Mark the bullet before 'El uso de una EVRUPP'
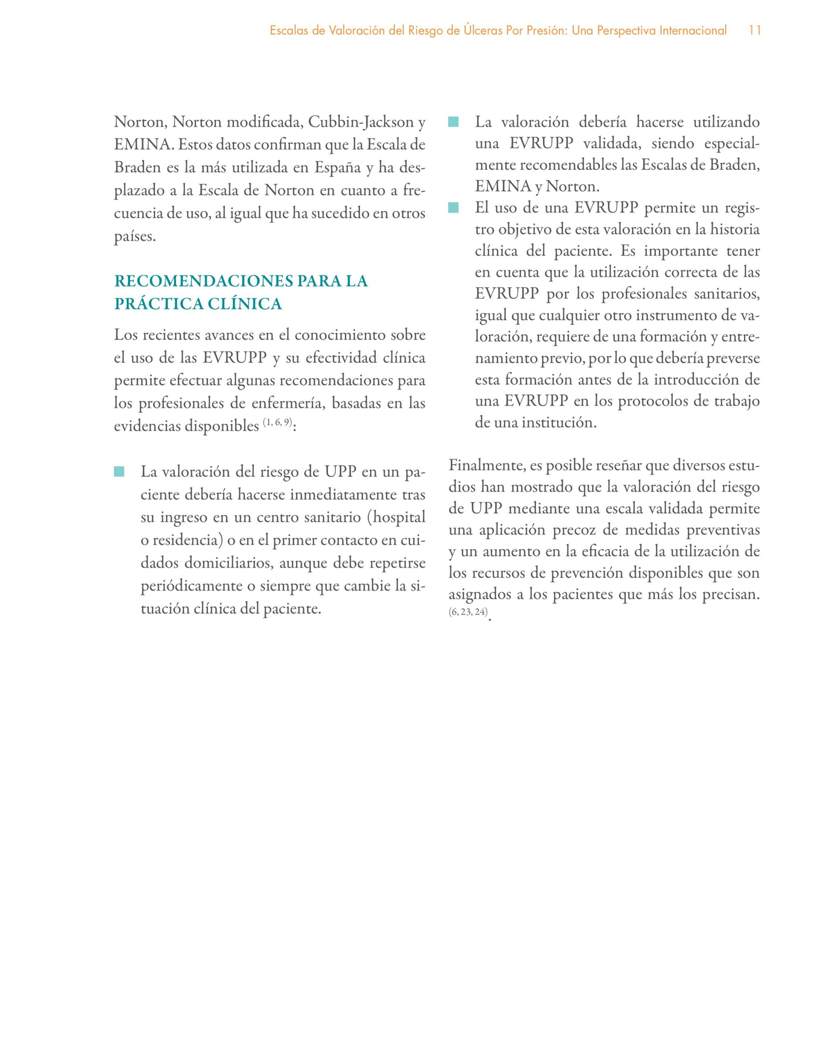tap(453, 208)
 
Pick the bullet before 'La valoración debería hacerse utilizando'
tap(453, 122)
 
